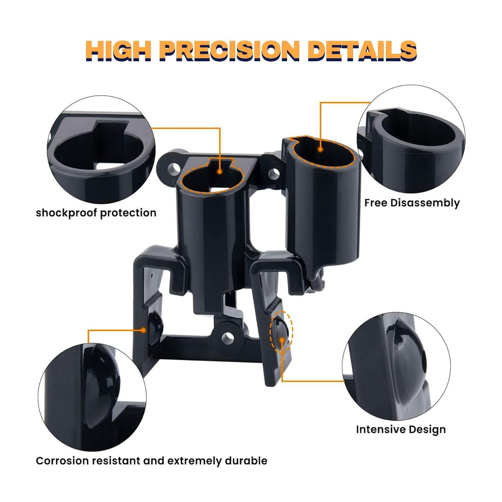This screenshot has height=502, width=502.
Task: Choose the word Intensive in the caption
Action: coord(379,430)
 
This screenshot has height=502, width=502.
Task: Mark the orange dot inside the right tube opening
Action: coord(321,150)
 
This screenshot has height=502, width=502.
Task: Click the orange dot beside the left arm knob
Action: coord(143,330)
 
